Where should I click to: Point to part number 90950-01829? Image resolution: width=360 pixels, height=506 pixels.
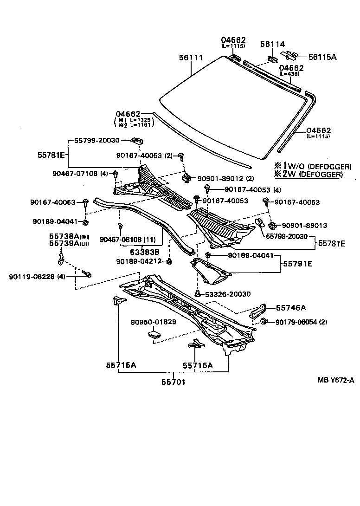(x=153, y=322)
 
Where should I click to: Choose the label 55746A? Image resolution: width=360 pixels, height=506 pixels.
(x=291, y=307)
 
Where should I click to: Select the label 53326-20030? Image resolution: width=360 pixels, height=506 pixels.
(x=227, y=294)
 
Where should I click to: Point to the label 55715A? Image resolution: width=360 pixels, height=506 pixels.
(x=119, y=365)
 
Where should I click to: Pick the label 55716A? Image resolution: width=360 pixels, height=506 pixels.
(x=197, y=365)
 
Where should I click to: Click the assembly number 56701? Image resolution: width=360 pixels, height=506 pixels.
(x=174, y=382)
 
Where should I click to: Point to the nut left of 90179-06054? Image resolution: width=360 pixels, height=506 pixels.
(x=264, y=322)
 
